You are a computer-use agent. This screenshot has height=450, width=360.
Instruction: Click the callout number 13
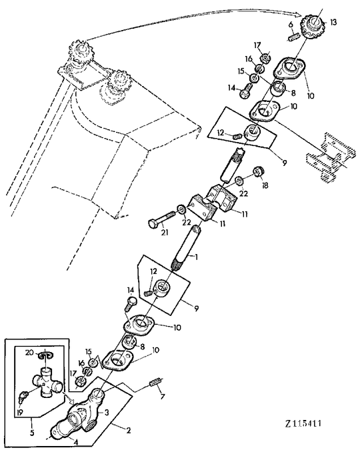click(333, 22)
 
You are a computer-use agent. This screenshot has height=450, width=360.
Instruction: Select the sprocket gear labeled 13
click(311, 29)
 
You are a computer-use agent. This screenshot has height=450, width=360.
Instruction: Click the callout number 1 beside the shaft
click(195, 256)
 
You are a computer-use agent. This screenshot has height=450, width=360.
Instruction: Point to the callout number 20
click(29, 352)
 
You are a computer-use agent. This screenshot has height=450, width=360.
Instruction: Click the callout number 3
click(107, 413)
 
